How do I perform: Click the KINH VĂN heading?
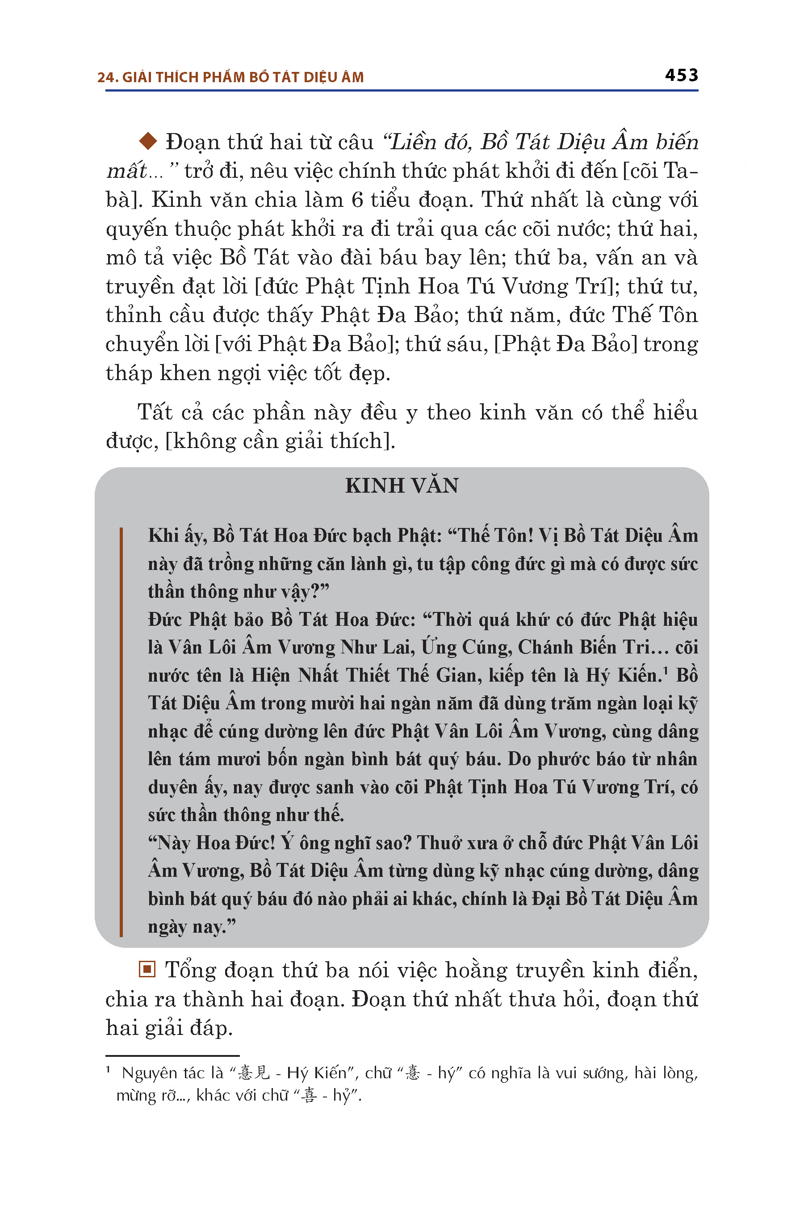point(402,486)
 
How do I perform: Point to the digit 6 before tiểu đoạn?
point(357,200)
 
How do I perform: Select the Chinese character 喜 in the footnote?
point(309,1095)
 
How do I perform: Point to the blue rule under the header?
point(402,91)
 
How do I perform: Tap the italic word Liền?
point(412,142)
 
